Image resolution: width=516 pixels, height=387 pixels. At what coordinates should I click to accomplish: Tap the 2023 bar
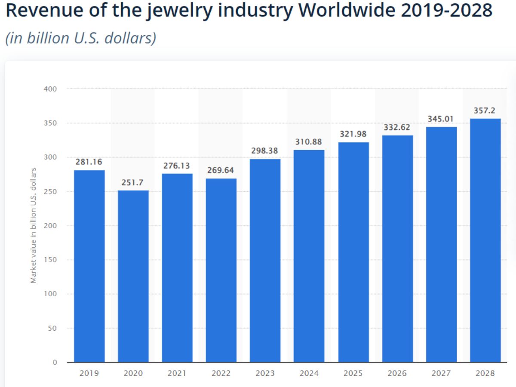265,260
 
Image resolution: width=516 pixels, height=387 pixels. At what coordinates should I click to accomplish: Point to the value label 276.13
177,166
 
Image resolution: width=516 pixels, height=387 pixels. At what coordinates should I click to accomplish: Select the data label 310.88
309,142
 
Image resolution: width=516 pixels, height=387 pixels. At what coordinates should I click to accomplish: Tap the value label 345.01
441,119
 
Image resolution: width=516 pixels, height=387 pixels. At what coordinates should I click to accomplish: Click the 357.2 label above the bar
485,111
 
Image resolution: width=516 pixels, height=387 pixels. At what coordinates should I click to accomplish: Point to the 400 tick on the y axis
50,89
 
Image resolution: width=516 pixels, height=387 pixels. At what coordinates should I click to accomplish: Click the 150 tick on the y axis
50,260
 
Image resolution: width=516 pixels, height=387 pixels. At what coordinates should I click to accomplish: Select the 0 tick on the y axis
55,362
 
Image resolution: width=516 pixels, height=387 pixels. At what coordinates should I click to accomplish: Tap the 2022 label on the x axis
221,374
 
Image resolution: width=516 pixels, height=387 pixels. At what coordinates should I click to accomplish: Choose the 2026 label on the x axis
397,374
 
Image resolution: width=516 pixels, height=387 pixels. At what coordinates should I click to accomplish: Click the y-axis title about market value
34,226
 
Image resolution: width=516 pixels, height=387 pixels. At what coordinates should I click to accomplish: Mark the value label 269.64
221,171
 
